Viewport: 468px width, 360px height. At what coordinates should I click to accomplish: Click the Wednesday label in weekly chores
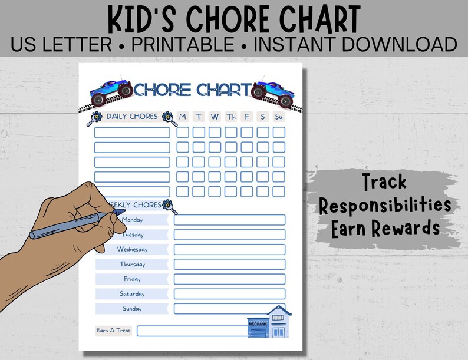click(x=132, y=249)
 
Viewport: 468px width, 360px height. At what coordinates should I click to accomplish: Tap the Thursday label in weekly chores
click(x=132, y=264)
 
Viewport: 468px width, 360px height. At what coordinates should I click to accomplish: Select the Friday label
click(x=132, y=279)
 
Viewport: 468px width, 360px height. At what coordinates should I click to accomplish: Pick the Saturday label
click(x=132, y=293)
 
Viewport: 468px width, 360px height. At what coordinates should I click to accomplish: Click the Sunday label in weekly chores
click(x=132, y=308)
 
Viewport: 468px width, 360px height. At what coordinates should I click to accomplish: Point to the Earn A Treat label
click(x=114, y=331)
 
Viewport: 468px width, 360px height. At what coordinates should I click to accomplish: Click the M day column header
click(x=183, y=117)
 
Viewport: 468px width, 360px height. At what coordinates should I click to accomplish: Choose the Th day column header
click(x=230, y=117)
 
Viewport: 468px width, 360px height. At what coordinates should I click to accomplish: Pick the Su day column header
click(x=279, y=117)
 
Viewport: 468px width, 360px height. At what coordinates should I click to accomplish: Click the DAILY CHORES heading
click(x=132, y=116)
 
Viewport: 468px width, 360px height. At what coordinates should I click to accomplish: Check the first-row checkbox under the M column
click(x=183, y=132)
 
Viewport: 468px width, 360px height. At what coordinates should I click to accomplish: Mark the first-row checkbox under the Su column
click(x=279, y=132)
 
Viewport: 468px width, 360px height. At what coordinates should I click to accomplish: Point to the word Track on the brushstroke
click(x=384, y=183)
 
